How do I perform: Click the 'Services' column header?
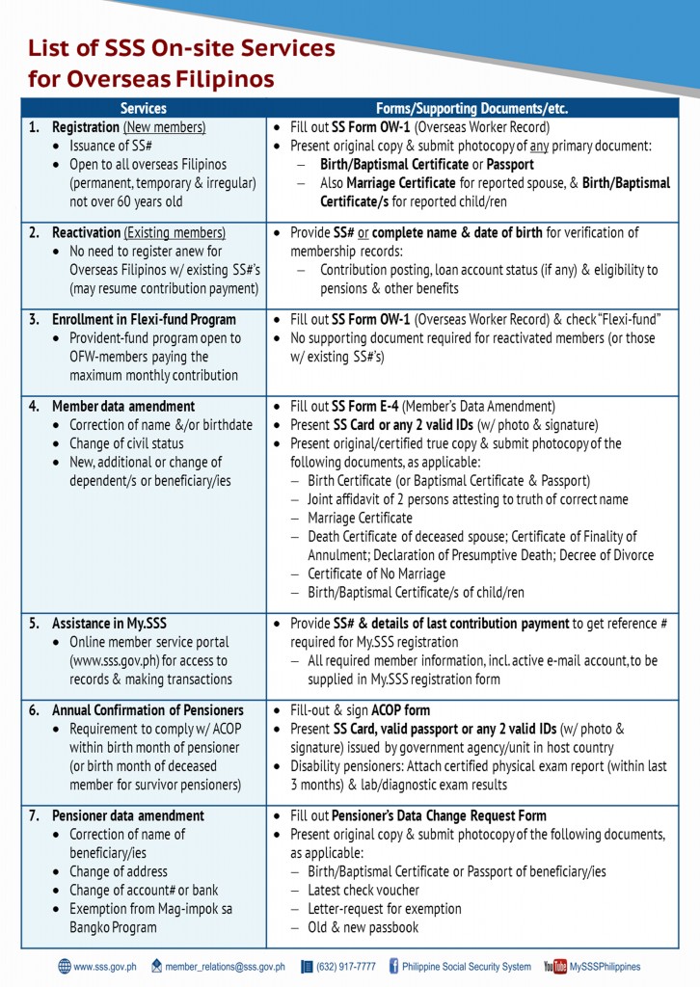pyautogui.click(x=144, y=109)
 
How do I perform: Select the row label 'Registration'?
pyautogui.click(x=86, y=127)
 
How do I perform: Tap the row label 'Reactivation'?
pyautogui.click(x=84, y=232)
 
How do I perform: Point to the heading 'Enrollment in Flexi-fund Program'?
pyautogui.click(x=144, y=319)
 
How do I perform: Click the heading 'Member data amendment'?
pyautogui.click(x=122, y=406)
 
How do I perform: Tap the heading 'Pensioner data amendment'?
pyautogui.click(x=127, y=815)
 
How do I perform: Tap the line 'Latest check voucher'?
pyautogui.click(x=363, y=890)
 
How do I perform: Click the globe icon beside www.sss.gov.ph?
pyautogui.click(x=65, y=966)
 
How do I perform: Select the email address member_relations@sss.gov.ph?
pyautogui.click(x=224, y=967)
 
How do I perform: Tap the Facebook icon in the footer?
pyautogui.click(x=394, y=966)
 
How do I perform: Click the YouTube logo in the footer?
pyautogui.click(x=554, y=967)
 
